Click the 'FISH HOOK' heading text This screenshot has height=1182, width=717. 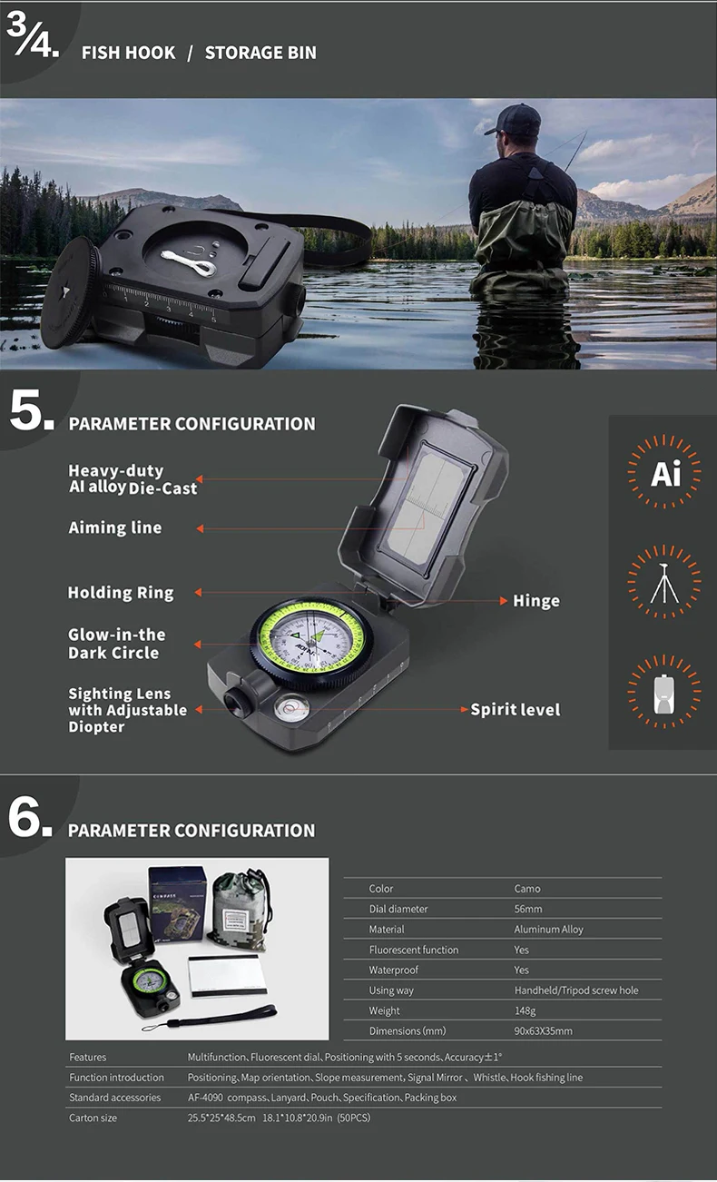pyautogui.click(x=128, y=53)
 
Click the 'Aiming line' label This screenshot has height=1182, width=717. pyautogui.click(x=115, y=527)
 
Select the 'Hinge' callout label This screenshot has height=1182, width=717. pyautogui.click(x=535, y=601)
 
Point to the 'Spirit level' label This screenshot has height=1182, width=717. pyautogui.click(x=515, y=709)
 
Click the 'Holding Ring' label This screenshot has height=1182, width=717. pyautogui.click(x=120, y=593)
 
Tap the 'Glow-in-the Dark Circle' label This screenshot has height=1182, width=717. pyautogui.click(x=116, y=644)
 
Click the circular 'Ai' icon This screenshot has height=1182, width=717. pyautogui.click(x=664, y=473)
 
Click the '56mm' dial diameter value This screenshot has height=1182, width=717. pyautogui.click(x=527, y=909)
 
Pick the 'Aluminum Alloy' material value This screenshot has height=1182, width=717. pyautogui.click(x=548, y=930)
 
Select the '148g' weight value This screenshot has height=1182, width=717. pyautogui.click(x=525, y=1010)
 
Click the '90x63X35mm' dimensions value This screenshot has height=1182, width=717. pyautogui.click(x=543, y=1031)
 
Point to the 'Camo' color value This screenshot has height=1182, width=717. pyautogui.click(x=526, y=889)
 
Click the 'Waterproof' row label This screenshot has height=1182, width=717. pyautogui.click(x=393, y=970)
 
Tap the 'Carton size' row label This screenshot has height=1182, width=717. pyautogui.click(x=93, y=1118)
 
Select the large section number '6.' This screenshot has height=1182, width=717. pyautogui.click(x=31, y=818)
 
